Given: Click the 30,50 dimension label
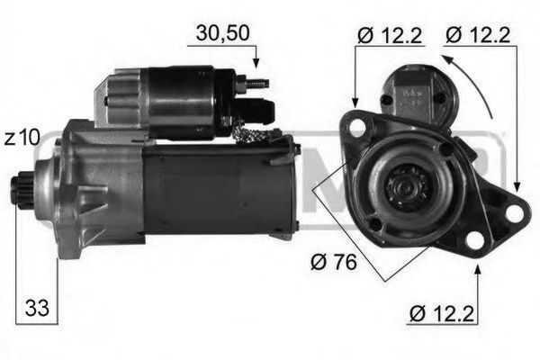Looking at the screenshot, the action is pos(222,34).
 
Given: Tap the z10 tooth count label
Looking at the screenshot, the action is pos(22,138).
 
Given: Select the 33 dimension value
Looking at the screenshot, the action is pos(37,308).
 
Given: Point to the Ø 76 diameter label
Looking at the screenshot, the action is pos(333,263).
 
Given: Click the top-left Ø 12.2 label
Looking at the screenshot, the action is pos(390,35).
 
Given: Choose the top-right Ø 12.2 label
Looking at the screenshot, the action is pos(478,35).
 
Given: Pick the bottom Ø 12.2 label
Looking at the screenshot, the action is pos(442,313).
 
